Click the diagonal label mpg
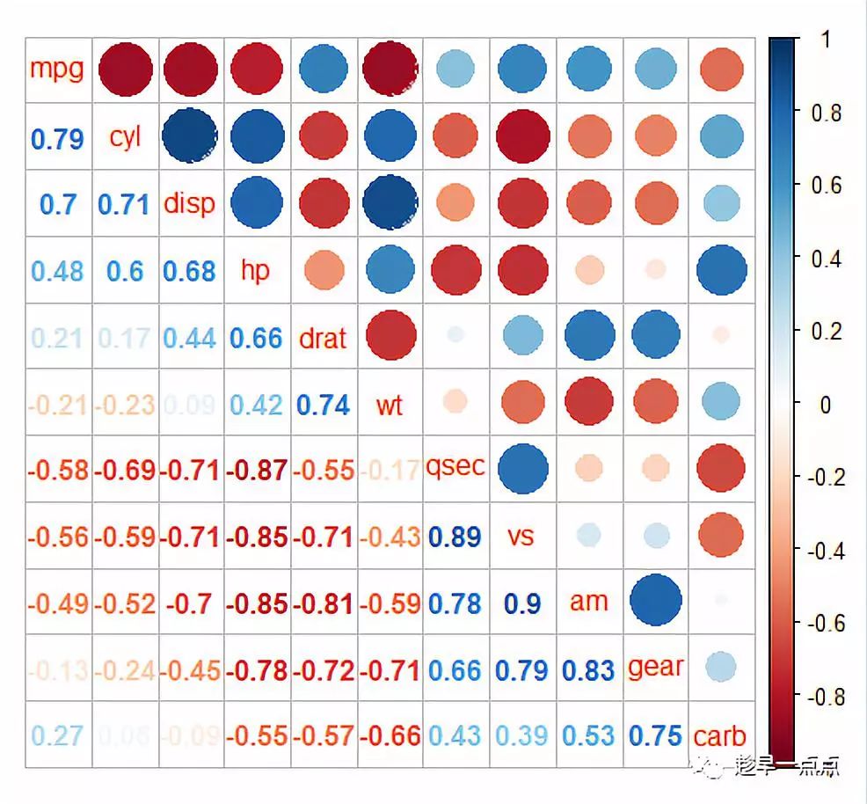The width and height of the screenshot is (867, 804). (57, 69)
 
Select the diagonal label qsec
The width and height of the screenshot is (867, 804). (455, 467)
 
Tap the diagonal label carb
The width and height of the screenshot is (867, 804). (719, 735)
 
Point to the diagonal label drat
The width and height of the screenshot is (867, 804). (322, 338)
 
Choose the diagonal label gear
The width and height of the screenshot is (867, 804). (655, 668)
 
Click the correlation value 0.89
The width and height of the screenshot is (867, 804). (455, 537)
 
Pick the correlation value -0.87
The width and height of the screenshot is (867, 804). (256, 470)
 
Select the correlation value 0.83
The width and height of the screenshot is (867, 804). (588, 670)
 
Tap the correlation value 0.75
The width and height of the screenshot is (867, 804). (655, 736)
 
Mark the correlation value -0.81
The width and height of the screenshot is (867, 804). (323, 603)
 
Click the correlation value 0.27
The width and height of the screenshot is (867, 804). (57, 736)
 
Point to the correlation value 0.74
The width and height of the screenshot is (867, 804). (323, 405)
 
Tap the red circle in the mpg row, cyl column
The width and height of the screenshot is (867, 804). (124, 69)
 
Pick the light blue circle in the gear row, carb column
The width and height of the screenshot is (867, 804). (720, 666)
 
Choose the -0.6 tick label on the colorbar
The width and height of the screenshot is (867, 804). (823, 624)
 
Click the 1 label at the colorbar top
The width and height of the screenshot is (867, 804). (825, 40)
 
